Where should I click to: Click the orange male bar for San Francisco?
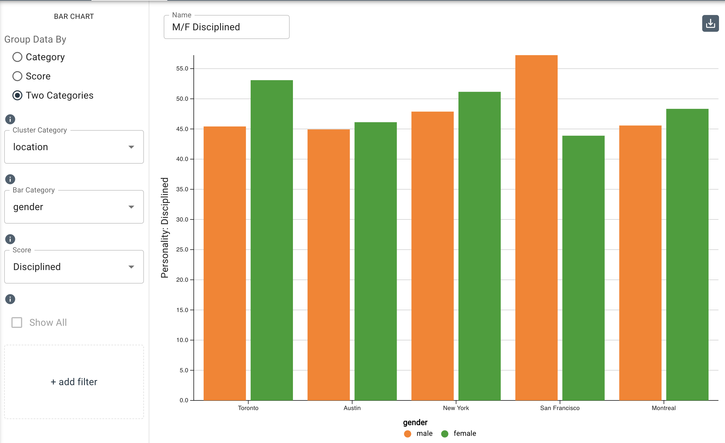(536, 228)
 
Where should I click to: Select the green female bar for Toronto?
(272, 240)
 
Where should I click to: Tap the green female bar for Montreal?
(687, 255)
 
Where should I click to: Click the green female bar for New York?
(479, 246)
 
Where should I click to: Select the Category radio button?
(17, 57)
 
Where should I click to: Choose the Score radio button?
(17, 76)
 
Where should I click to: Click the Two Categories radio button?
(17, 95)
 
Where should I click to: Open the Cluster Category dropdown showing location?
(74, 147)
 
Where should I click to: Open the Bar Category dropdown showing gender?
(74, 207)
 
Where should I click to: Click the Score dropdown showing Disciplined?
(74, 267)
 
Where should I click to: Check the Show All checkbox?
(17, 323)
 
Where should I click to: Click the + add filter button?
(74, 382)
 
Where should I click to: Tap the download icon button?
(710, 23)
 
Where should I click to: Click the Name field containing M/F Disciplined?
(226, 27)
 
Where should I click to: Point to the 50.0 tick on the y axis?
(182, 99)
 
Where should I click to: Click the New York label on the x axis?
(456, 408)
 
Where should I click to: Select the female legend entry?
(464, 433)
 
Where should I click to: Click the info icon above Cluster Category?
(10, 119)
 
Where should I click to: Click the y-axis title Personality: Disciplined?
(165, 228)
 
